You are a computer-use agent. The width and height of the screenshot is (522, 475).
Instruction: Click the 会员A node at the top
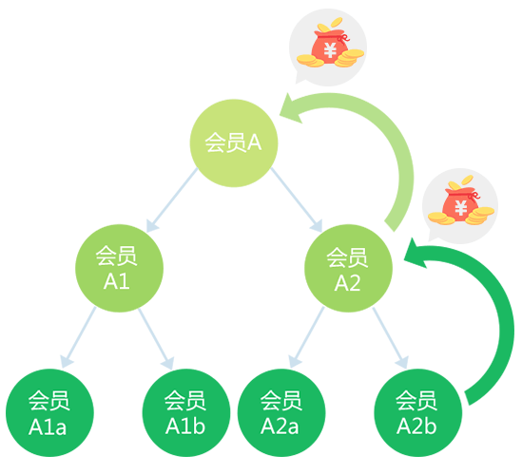click(x=234, y=143)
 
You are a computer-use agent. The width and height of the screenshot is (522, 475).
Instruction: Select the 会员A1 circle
click(x=119, y=268)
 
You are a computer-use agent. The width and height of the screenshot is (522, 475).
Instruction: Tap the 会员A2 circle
click(x=348, y=268)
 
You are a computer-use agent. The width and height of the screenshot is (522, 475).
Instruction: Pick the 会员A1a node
click(x=49, y=412)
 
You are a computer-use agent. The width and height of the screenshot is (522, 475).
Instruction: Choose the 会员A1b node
click(x=186, y=412)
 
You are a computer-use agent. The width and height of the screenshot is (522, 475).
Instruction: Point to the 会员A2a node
click(x=281, y=412)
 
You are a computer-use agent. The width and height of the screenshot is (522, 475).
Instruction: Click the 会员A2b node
click(x=417, y=412)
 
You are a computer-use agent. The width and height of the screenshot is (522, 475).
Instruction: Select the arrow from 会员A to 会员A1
click(x=172, y=200)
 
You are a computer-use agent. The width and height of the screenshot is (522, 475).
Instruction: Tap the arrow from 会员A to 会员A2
click(x=297, y=199)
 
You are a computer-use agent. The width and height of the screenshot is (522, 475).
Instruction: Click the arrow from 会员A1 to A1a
click(x=79, y=337)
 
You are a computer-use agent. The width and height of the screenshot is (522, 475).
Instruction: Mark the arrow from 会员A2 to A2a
click(x=306, y=337)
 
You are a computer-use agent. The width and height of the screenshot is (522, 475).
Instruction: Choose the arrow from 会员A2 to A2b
click(x=390, y=338)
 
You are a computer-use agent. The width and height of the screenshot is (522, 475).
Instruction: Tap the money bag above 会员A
click(x=330, y=43)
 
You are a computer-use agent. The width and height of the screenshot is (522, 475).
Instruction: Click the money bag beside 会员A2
click(x=461, y=200)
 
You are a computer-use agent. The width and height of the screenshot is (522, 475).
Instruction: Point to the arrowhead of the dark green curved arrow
click(x=415, y=254)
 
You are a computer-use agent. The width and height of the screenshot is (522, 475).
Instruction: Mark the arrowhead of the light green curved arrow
click(x=290, y=108)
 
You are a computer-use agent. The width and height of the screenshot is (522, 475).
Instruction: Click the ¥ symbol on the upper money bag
click(x=330, y=50)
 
